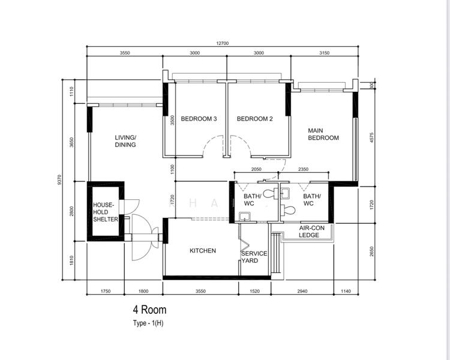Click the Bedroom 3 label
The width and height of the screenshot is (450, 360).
click(198, 119)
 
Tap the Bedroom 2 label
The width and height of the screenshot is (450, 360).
click(254, 119)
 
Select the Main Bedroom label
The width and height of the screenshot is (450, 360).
click(323, 134)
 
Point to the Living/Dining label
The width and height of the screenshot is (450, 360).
click(125, 140)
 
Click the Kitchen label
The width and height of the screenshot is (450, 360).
click(203, 251)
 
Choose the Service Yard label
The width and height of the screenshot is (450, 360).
click(254, 257)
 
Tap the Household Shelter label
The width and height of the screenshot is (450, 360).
click(105, 212)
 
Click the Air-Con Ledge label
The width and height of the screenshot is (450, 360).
click(309, 231)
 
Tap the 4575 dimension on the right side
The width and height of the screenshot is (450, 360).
click(372, 137)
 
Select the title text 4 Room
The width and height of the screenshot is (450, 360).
click(149, 310)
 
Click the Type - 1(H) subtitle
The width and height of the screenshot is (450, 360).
click(150, 323)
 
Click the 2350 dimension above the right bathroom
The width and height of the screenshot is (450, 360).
click(304, 170)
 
